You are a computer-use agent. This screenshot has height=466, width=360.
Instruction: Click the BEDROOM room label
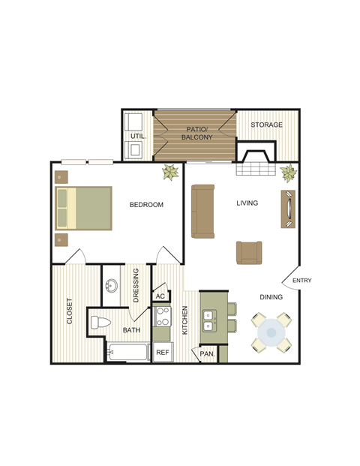point(146,205)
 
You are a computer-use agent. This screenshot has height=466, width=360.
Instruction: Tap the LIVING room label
point(247,203)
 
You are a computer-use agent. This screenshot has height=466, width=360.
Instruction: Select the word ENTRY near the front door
point(301,281)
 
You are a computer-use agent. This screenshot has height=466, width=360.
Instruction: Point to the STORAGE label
point(267,125)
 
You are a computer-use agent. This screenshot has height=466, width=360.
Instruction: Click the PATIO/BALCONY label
point(199,133)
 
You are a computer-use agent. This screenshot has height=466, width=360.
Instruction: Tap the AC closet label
point(160,296)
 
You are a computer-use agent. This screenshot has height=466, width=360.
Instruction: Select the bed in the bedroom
point(83,208)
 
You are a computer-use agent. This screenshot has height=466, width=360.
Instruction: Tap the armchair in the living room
point(249,252)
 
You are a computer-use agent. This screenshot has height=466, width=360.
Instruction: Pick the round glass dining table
point(271,332)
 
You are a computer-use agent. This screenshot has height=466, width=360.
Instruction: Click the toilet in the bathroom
point(99,324)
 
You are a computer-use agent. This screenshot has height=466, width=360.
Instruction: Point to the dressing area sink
point(112,287)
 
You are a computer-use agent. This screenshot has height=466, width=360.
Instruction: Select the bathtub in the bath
point(128,351)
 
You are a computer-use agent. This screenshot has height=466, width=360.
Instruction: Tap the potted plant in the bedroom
point(171,173)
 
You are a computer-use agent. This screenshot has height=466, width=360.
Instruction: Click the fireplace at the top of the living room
point(255,159)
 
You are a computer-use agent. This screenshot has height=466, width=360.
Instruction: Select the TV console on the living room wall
point(289,208)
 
